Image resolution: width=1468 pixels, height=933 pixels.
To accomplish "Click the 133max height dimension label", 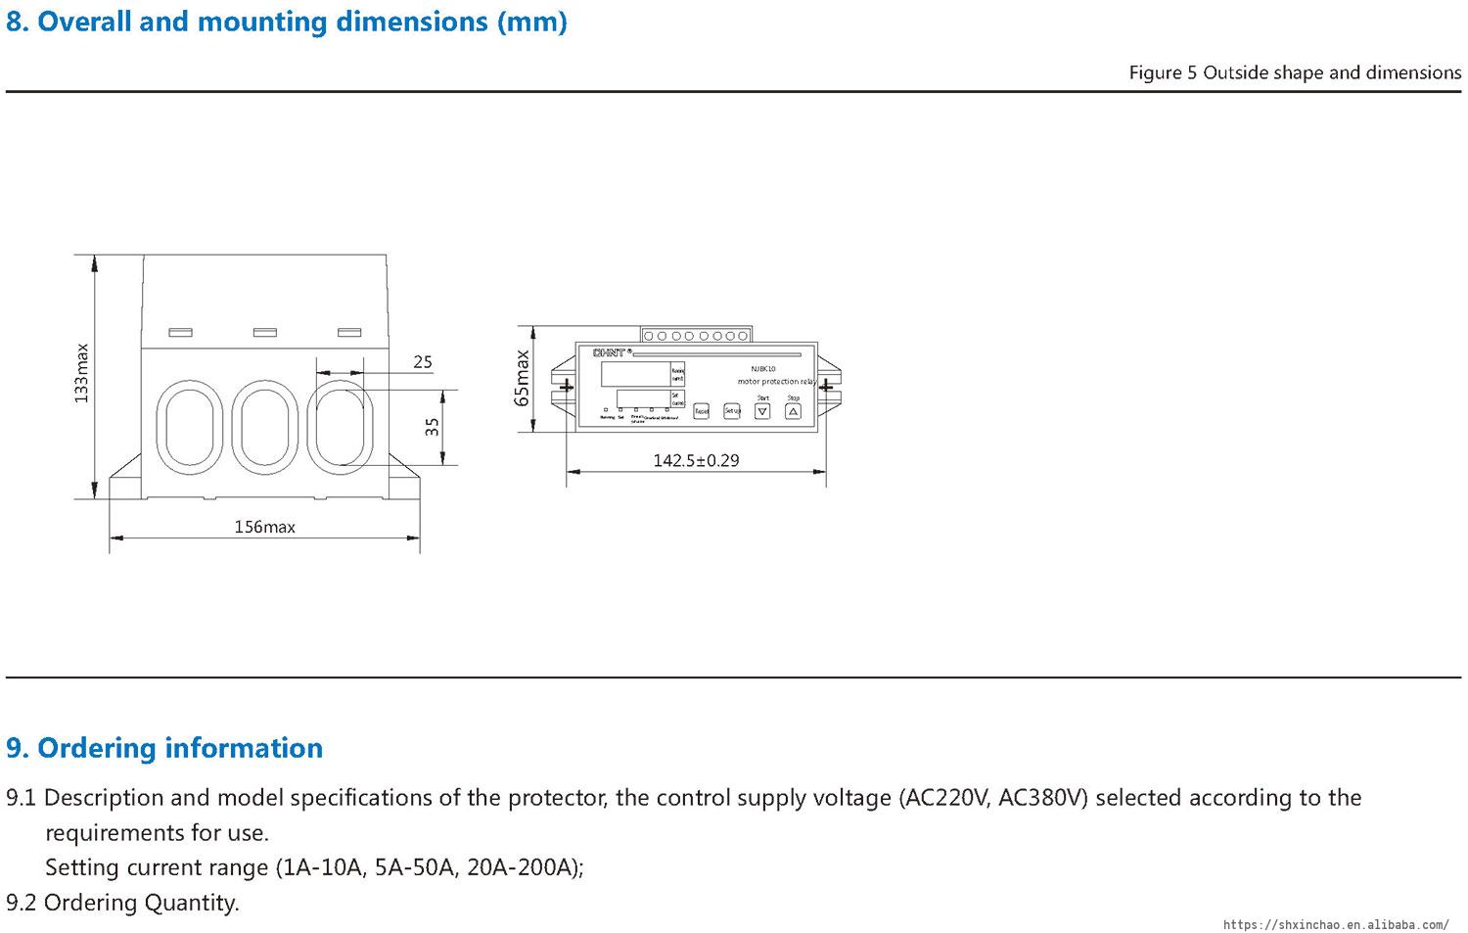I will point(82,373).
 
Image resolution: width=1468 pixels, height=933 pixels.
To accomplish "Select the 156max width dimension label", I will point(264,527).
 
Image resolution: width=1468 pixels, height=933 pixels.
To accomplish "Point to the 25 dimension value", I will point(422,362).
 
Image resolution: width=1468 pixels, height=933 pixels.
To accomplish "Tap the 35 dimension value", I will point(433,427).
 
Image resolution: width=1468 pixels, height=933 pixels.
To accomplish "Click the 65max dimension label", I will point(522,378).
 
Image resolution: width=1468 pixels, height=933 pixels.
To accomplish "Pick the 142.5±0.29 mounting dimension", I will point(696,460).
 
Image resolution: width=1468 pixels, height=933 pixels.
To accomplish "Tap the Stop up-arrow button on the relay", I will point(794,411).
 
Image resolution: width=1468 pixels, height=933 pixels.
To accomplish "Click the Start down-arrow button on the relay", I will point(762,411).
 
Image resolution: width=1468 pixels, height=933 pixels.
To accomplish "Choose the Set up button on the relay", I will point(732,411).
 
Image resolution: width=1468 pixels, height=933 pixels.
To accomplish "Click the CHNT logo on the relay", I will point(609,352).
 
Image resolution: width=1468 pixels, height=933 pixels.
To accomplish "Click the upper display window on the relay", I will point(635,374).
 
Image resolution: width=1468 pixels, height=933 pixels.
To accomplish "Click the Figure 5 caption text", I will point(1295,72).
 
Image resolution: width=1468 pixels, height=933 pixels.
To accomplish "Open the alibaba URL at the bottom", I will point(1336,924).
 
